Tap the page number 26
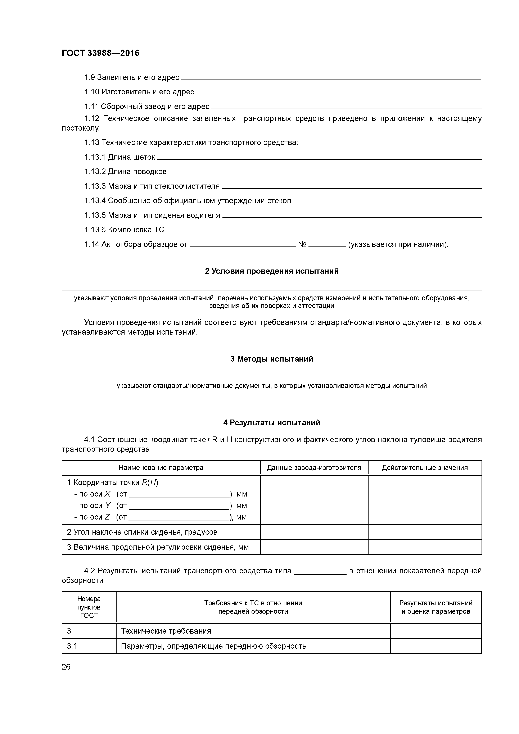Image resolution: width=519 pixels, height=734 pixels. point(66,667)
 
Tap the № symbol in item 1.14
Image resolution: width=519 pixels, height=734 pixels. point(302,245)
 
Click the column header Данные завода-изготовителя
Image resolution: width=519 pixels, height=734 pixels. point(314,468)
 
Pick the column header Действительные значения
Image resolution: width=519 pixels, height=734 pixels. point(425,468)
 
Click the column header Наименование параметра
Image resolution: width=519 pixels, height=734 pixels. point(161,468)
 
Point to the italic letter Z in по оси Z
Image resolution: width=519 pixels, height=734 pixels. point(107,517)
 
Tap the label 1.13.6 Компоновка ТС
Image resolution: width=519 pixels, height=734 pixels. point(124,230)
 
